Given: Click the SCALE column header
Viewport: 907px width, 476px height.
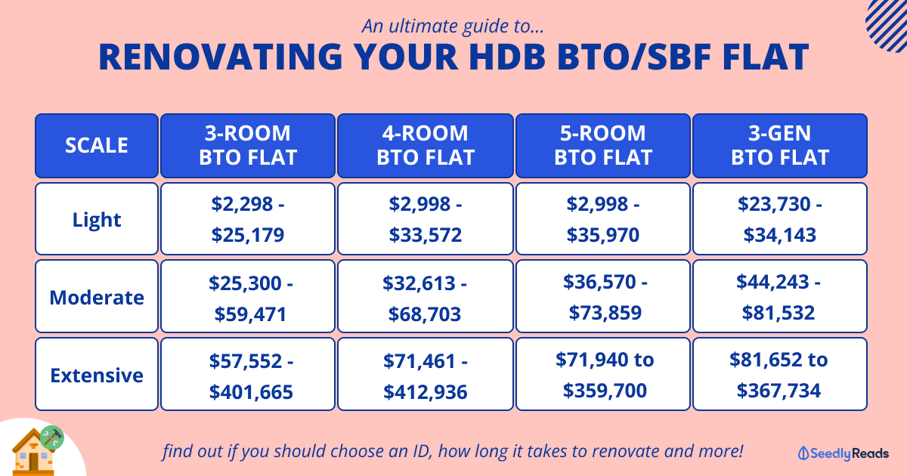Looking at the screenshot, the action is pos(97,145).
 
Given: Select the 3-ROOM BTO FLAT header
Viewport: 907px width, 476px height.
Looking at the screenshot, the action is pos(248,145).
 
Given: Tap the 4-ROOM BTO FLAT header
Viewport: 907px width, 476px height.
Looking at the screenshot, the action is pos(425,145).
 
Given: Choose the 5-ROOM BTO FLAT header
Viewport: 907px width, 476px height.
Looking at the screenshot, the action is pos(603,145).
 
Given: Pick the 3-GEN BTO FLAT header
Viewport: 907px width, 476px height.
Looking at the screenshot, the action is pos(780,145).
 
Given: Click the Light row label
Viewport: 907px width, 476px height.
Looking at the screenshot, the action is pos(97,219).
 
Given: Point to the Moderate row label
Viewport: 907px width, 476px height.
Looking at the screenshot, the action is pos(97,297).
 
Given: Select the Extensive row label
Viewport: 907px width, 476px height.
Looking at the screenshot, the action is pos(97,375).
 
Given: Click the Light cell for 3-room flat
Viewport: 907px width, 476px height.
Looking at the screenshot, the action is pos(248,219).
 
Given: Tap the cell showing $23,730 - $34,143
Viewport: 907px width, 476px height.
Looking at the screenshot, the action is pos(780,219).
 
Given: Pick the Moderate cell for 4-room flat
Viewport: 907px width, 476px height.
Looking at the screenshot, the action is pos(425,297).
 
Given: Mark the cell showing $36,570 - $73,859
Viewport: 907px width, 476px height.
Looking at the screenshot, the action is pos(603,297).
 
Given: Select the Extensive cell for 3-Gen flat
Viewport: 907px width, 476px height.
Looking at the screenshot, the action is pos(780,375).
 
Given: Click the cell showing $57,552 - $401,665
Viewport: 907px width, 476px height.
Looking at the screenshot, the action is pos(248,375).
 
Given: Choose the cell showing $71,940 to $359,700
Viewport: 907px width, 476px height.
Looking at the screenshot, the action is pos(603,375).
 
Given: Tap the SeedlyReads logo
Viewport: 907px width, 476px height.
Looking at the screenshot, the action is pos(843,453).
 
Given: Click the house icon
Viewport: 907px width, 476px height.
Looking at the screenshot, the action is pos(33,453).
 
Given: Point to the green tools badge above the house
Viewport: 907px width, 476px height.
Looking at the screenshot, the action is pos(52,437).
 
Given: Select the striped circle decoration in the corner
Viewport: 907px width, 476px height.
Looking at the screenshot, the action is pos(887,25).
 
